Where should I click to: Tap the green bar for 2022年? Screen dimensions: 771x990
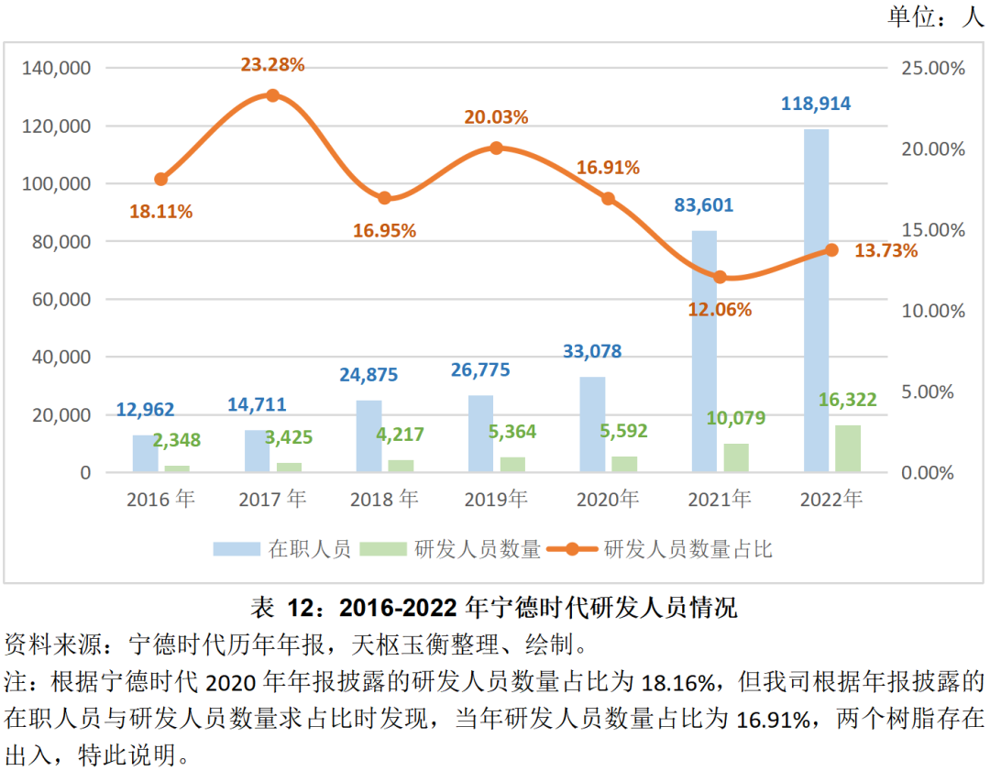click(x=848, y=449)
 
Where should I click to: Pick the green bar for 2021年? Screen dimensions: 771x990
click(x=736, y=457)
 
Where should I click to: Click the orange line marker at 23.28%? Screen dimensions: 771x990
click(x=272, y=95)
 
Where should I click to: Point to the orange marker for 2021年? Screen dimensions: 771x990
click(x=720, y=277)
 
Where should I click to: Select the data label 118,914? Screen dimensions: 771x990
click(x=816, y=104)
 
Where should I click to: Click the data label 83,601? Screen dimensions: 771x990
click(x=704, y=205)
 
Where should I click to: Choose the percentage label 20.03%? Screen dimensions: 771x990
click(x=496, y=117)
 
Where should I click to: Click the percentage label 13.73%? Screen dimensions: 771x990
click(x=885, y=250)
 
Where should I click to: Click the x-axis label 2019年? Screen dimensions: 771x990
click(x=496, y=500)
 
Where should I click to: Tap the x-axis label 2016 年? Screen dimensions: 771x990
click(x=161, y=500)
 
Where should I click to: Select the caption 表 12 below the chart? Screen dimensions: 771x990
click(x=494, y=607)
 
